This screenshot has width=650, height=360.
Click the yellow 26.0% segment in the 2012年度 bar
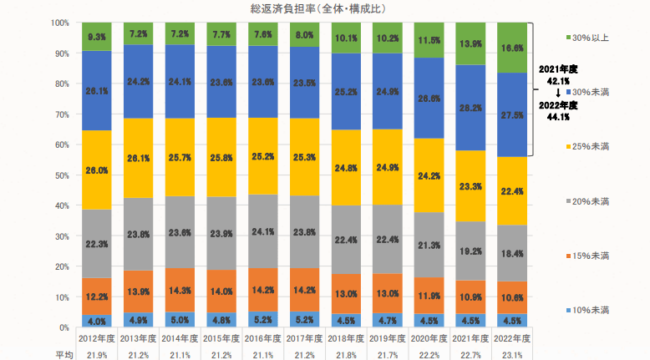(x=96, y=170)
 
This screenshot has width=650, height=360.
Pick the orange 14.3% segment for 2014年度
(x=180, y=290)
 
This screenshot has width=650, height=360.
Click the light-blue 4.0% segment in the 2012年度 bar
(x=96, y=321)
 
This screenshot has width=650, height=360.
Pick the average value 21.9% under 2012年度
(x=96, y=354)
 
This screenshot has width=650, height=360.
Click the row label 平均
(x=63, y=354)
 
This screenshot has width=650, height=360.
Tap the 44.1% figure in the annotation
(x=558, y=117)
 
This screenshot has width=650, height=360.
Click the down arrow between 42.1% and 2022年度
(x=557, y=93)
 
